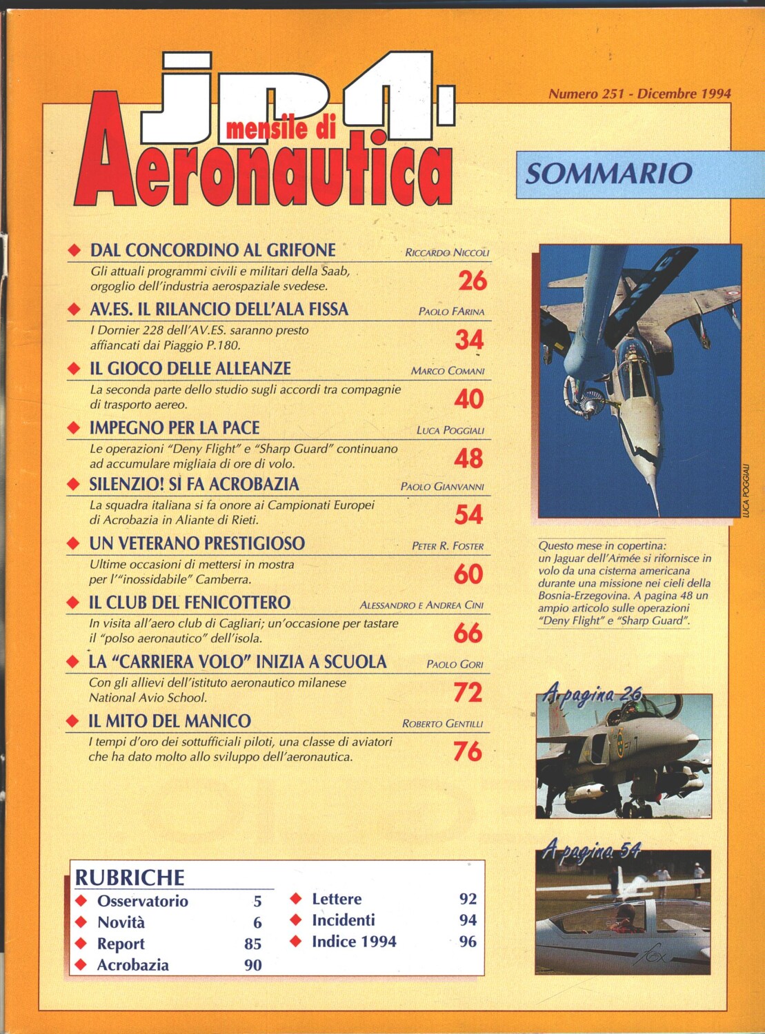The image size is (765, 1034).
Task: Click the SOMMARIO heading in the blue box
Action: click(608, 173)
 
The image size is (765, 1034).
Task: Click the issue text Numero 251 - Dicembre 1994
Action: click(639, 94)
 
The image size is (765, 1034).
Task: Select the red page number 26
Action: click(473, 281)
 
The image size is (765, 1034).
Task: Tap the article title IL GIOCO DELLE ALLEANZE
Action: click(190, 369)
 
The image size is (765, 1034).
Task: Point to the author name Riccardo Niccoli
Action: click(447, 253)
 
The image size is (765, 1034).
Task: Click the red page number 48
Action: click(468, 458)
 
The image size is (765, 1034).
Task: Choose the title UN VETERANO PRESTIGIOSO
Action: click(197, 544)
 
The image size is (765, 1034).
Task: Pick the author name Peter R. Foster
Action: click(448, 546)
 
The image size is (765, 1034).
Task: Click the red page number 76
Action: click(468, 751)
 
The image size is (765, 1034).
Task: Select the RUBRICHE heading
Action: click(130, 878)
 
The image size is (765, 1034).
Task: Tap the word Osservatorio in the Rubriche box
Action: click(142, 901)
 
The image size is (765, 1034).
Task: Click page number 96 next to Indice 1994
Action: click(468, 942)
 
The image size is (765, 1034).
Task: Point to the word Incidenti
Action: click(344, 920)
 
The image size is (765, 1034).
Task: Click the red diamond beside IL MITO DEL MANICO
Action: click(72, 722)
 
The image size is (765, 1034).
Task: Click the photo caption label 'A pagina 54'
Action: click(592, 850)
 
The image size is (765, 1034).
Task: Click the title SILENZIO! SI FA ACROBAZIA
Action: click(194, 485)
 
